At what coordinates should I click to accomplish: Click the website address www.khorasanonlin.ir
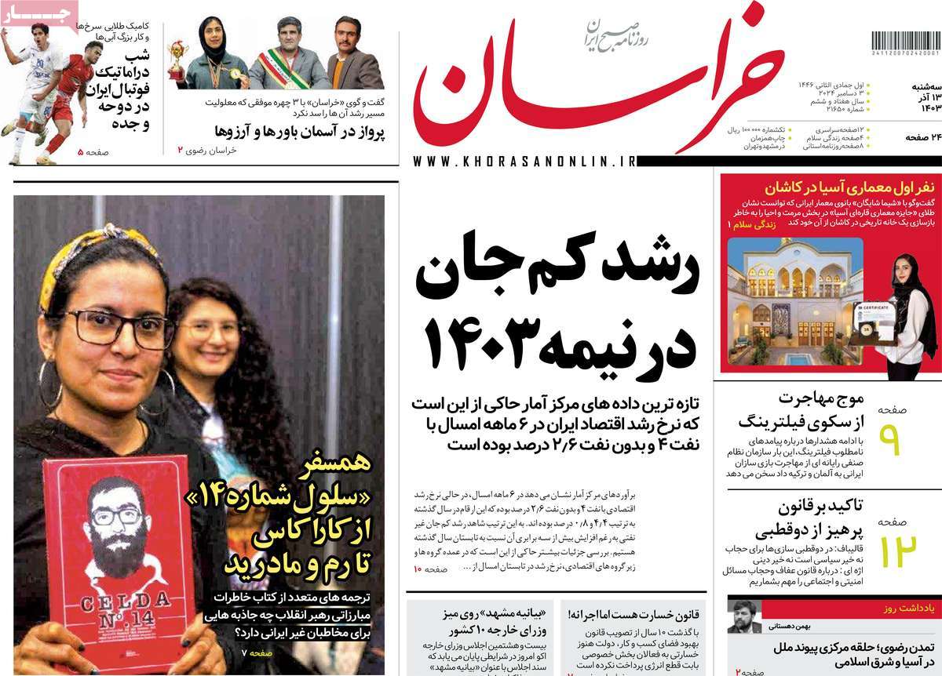pyautogui.click(x=523, y=161)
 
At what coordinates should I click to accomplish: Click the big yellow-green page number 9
pyautogui.click(x=893, y=440)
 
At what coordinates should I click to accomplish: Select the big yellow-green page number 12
pyautogui.click(x=896, y=550)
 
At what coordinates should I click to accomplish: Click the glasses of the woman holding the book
pyautogui.click(x=118, y=328)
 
